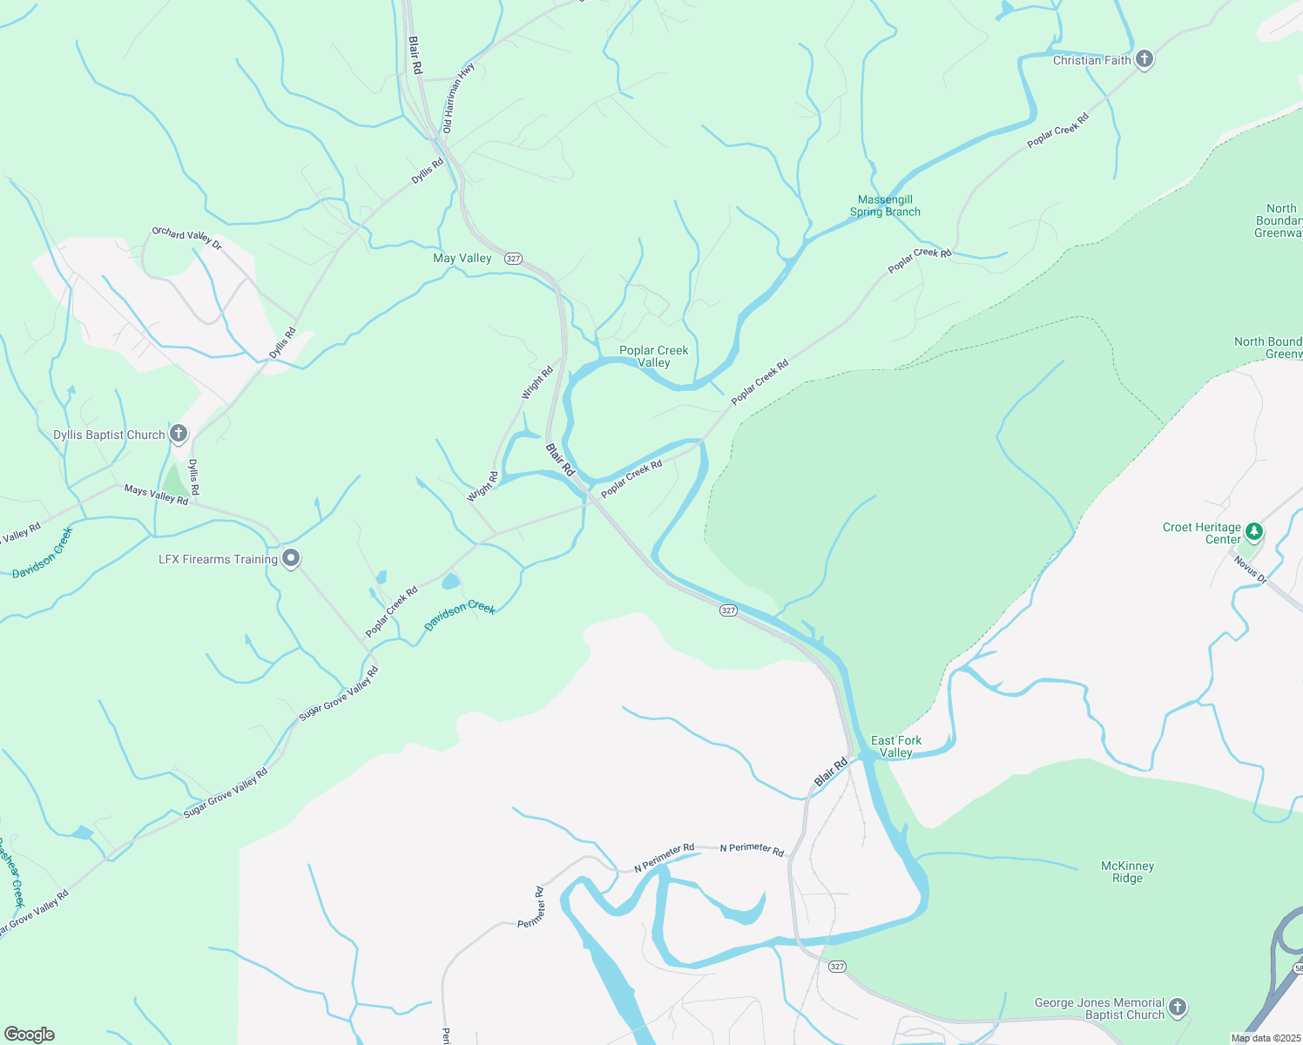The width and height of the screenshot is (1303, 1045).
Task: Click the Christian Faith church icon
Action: click(1144, 59)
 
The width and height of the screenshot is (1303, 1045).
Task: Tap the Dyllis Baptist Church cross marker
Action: click(179, 433)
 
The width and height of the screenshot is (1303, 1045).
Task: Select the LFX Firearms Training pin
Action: click(291, 558)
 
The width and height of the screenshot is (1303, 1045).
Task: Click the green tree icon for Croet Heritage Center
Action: click(1253, 530)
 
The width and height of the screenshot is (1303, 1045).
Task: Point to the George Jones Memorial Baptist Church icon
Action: click(1177, 1008)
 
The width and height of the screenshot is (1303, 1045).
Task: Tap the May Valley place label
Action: click(462, 258)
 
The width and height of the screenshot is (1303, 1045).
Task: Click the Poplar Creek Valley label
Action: click(654, 356)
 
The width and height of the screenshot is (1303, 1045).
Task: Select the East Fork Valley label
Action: click(896, 746)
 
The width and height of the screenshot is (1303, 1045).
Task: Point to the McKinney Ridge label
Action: click(1128, 872)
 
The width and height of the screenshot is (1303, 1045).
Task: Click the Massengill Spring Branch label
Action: click(885, 206)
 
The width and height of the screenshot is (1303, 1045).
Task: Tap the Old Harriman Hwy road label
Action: click(459, 98)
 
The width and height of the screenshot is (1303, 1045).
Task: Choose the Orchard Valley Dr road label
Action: click(186, 238)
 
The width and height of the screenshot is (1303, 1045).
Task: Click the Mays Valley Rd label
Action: click(156, 495)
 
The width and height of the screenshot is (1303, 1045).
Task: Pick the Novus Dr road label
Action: click(1250, 570)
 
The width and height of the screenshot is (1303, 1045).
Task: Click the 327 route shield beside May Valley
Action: click(513, 259)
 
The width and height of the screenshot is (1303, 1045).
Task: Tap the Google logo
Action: click(30, 1035)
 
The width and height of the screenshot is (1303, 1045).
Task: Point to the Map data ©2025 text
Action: click(1265, 1038)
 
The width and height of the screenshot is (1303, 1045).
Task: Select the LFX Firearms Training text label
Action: click(218, 559)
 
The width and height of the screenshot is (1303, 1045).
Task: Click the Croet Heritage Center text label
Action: click(1202, 533)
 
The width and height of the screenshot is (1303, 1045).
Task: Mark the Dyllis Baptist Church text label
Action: click(109, 435)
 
